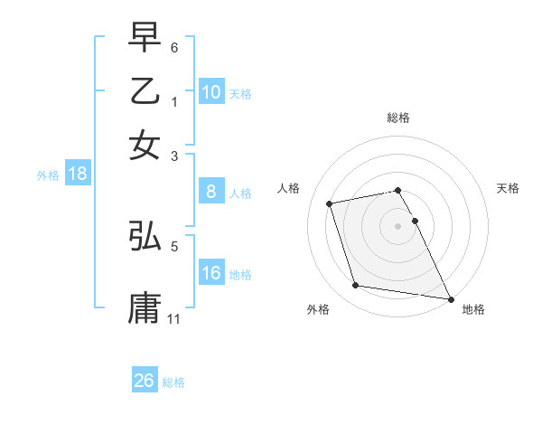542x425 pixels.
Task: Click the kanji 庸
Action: click(x=145, y=307)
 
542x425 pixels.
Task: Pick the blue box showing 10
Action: click(x=210, y=92)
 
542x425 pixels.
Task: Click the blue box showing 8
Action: click(x=210, y=192)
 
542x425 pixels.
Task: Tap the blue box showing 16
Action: click(x=210, y=273)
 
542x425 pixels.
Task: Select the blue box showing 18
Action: click(x=77, y=175)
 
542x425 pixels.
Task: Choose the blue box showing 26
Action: click(x=144, y=381)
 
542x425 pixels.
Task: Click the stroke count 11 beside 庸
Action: click(x=174, y=318)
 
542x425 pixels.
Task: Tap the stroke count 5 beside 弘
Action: click(x=174, y=245)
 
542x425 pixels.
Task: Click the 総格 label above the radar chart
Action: click(x=398, y=118)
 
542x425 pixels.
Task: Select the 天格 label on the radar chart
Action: click(x=508, y=188)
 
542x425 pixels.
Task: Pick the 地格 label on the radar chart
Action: click(x=473, y=310)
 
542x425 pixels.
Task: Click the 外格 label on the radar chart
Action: click(x=318, y=310)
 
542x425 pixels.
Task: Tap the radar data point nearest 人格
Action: click(x=330, y=203)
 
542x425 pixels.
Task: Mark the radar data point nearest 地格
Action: click(x=449, y=298)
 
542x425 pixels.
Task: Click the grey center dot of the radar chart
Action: click(x=398, y=226)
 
